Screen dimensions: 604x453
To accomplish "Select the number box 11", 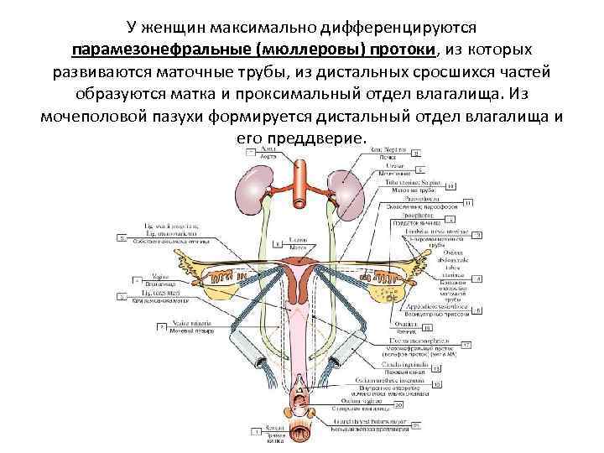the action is (x=467, y=201).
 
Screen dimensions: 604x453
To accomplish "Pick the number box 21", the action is (x=415, y=426).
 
